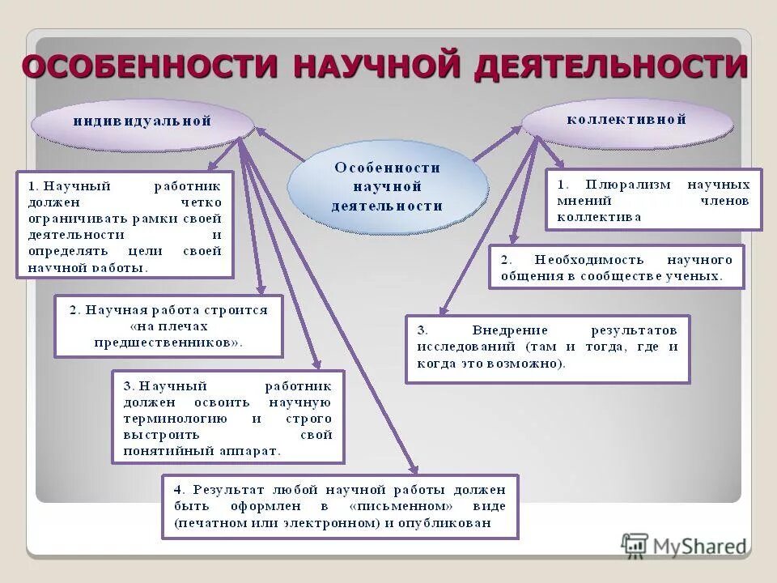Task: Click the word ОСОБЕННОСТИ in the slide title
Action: tap(151, 66)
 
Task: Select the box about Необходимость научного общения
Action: tap(616, 267)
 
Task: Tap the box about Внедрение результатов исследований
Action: tap(547, 348)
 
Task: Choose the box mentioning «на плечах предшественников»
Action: tap(168, 326)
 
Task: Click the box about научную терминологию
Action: tap(227, 417)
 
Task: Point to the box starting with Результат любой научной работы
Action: tap(339, 507)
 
